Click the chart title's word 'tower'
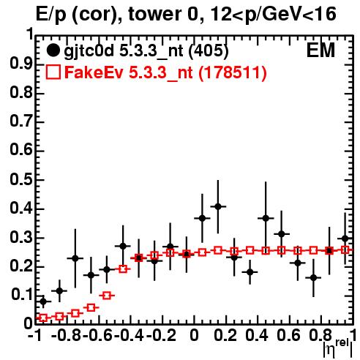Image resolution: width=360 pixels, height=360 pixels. [154, 14]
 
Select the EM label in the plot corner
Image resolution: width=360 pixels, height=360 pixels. [320, 50]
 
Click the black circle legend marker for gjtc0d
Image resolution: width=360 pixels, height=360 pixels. [53, 50]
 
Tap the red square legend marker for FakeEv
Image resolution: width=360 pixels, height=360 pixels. [53, 72]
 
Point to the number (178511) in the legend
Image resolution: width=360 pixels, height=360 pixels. [233, 72]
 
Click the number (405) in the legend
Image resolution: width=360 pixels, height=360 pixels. [209, 51]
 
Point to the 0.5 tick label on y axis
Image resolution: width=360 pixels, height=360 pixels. [21, 180]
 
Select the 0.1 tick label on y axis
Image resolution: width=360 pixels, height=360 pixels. [21, 295]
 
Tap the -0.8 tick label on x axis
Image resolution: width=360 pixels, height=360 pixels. [67, 335]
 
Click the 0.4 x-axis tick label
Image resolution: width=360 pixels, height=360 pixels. [257, 335]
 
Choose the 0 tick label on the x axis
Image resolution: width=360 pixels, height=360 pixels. [194, 335]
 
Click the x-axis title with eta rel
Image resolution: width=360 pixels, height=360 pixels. [337, 348]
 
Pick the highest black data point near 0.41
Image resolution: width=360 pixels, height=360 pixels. [218, 206]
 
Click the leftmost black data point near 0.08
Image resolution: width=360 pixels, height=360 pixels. [43, 301]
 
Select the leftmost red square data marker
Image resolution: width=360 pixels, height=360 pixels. [43, 318]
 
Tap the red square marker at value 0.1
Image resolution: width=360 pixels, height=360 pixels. [107, 296]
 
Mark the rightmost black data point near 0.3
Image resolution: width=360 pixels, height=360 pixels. [345, 239]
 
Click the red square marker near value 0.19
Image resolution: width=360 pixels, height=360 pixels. [123, 269]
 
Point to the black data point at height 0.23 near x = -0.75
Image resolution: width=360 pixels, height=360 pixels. [75, 258]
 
